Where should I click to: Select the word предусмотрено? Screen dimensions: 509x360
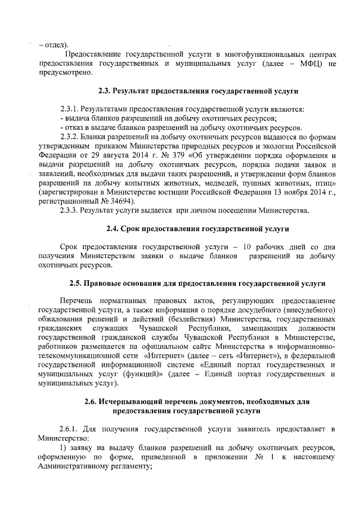tap(64, 73)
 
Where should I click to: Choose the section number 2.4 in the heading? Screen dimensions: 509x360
tap(112, 229)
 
